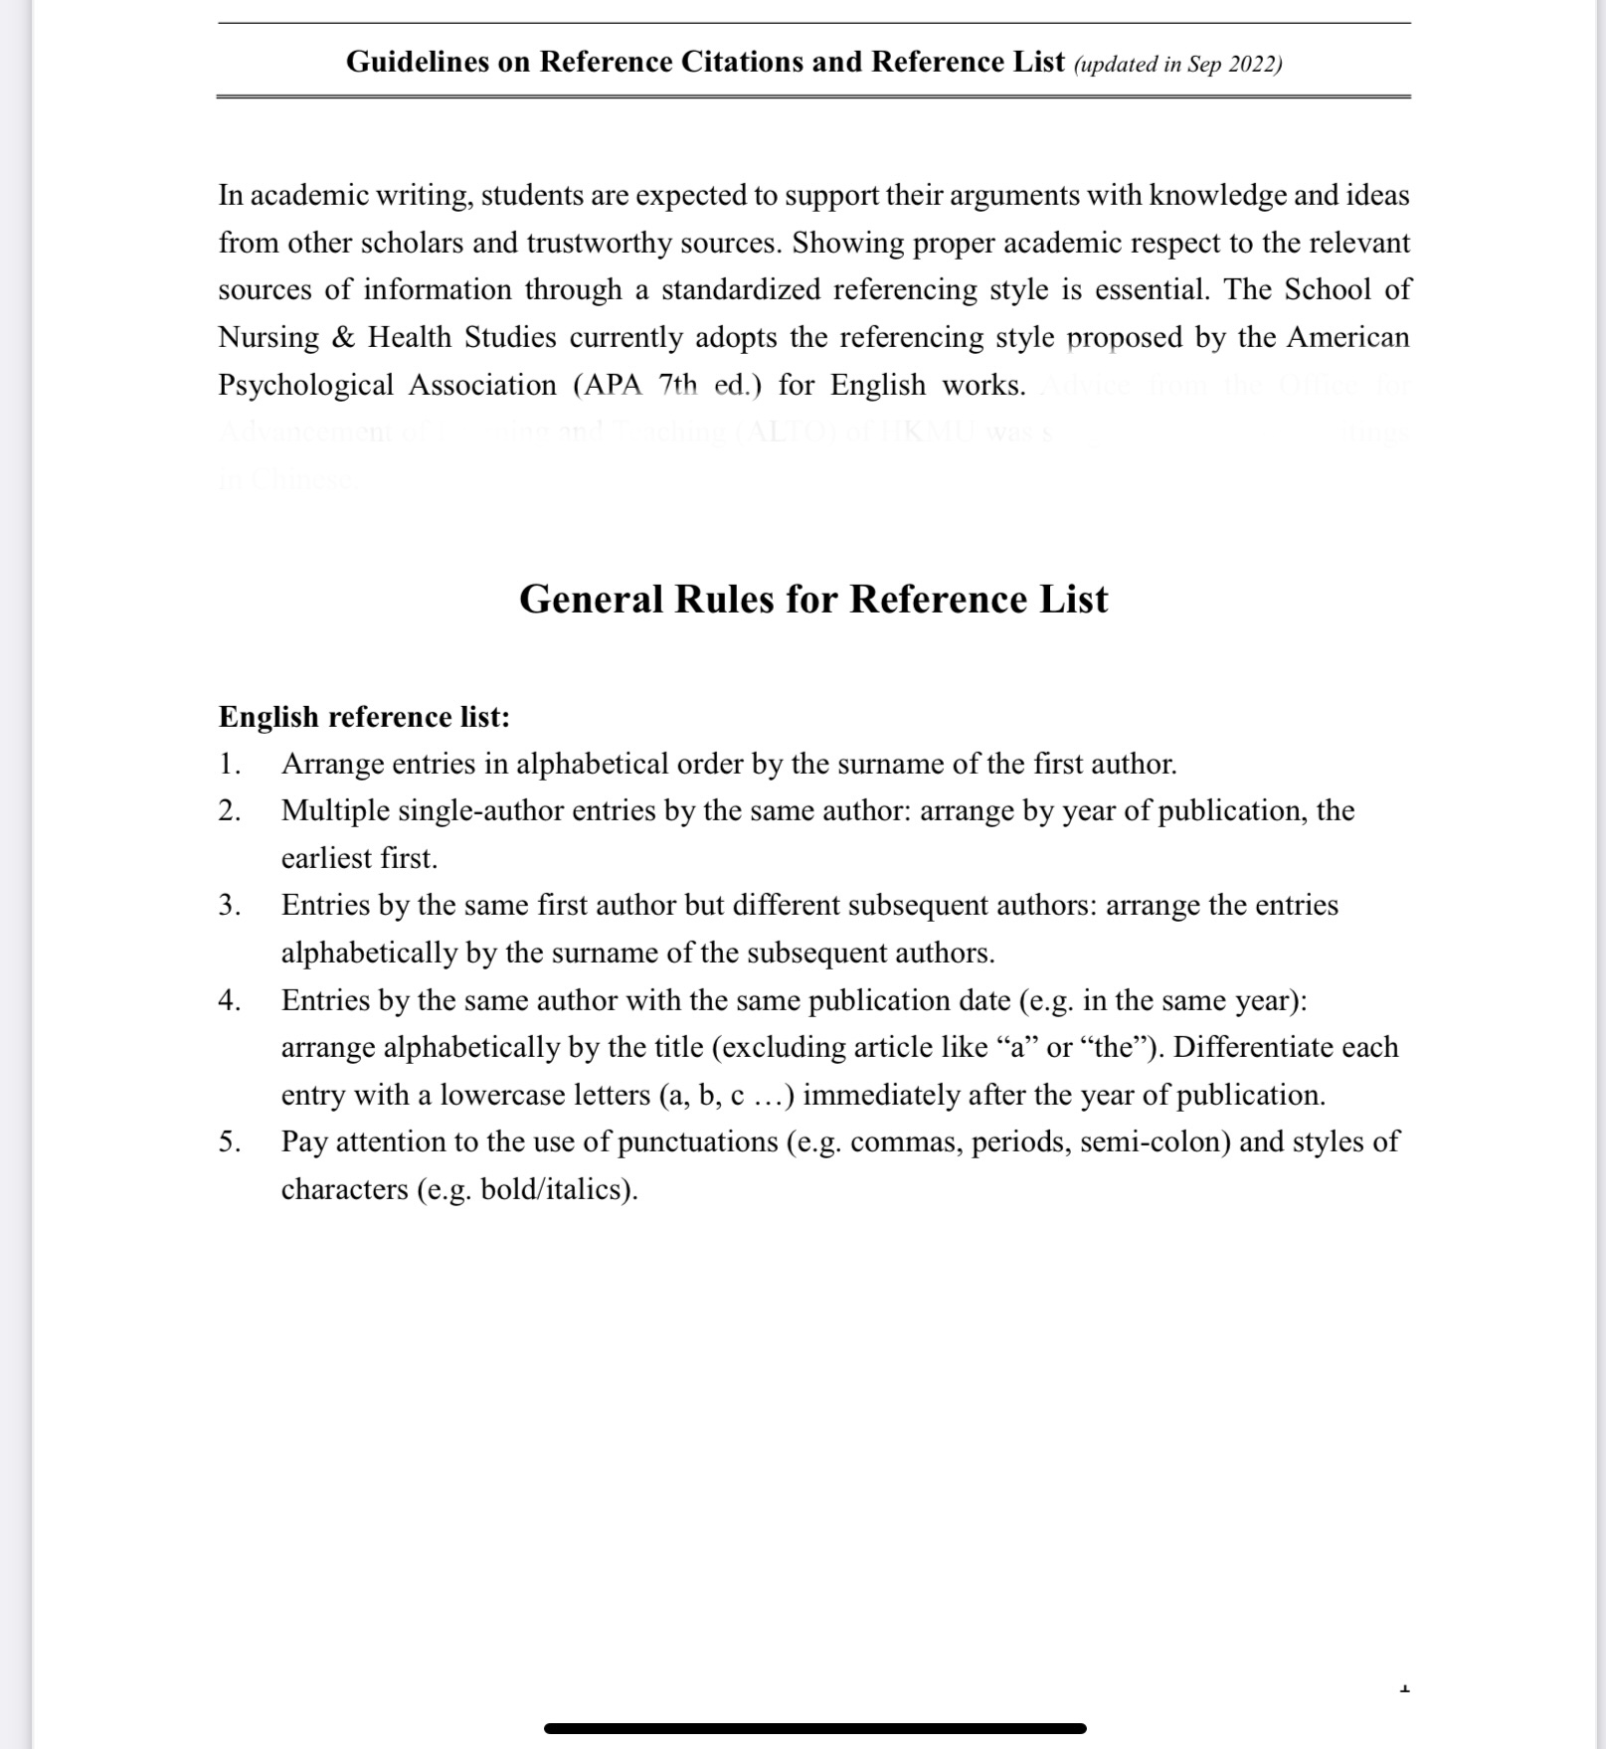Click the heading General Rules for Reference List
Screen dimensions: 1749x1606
(x=812, y=600)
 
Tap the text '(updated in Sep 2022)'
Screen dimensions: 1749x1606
(x=1177, y=65)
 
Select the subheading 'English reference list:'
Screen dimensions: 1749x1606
(x=364, y=717)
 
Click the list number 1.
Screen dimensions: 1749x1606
(x=230, y=764)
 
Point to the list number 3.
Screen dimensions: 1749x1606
(x=230, y=905)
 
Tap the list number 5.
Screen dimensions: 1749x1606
(x=230, y=1141)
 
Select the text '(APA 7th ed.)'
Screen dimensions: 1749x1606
(x=667, y=386)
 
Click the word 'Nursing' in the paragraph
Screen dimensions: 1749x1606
(x=268, y=338)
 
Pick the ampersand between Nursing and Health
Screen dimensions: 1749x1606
(x=343, y=338)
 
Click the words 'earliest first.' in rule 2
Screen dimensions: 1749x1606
(x=359, y=858)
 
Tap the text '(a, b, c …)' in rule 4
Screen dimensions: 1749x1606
(x=725, y=1095)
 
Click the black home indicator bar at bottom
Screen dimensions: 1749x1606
(x=814, y=1728)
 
